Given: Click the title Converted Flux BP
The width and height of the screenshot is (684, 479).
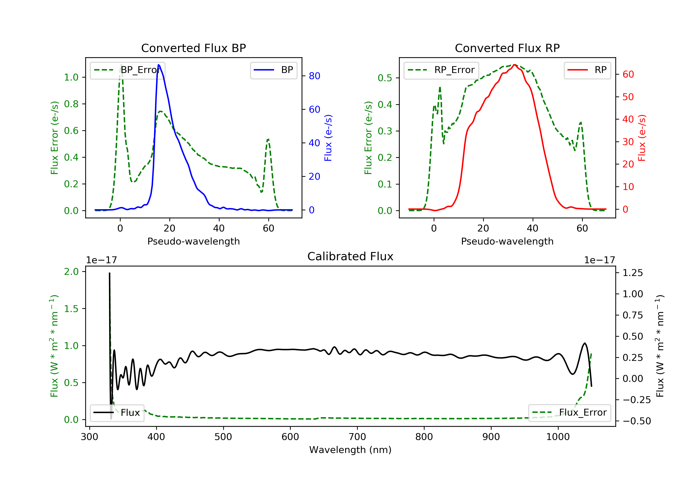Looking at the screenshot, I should tap(193, 48).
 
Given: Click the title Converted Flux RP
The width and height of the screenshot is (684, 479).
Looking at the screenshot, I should tap(507, 48).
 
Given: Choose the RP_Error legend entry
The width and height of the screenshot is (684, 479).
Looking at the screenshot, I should tap(441, 70).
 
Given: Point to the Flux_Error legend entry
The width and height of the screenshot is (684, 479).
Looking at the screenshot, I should tap(570, 413).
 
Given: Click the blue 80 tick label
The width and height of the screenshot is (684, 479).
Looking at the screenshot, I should tap(314, 76).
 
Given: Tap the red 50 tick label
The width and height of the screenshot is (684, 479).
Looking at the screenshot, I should tap(628, 97).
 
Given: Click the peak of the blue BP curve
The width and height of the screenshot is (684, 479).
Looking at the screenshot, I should tap(158, 65).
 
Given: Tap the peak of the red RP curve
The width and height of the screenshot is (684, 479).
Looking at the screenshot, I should tap(515, 65).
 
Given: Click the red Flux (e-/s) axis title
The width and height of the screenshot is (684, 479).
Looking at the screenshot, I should tap(642, 138).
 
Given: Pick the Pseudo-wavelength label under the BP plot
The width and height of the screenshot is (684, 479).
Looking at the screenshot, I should tap(193, 241).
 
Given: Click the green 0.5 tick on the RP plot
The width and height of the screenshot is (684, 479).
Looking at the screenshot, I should tap(385, 78).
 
